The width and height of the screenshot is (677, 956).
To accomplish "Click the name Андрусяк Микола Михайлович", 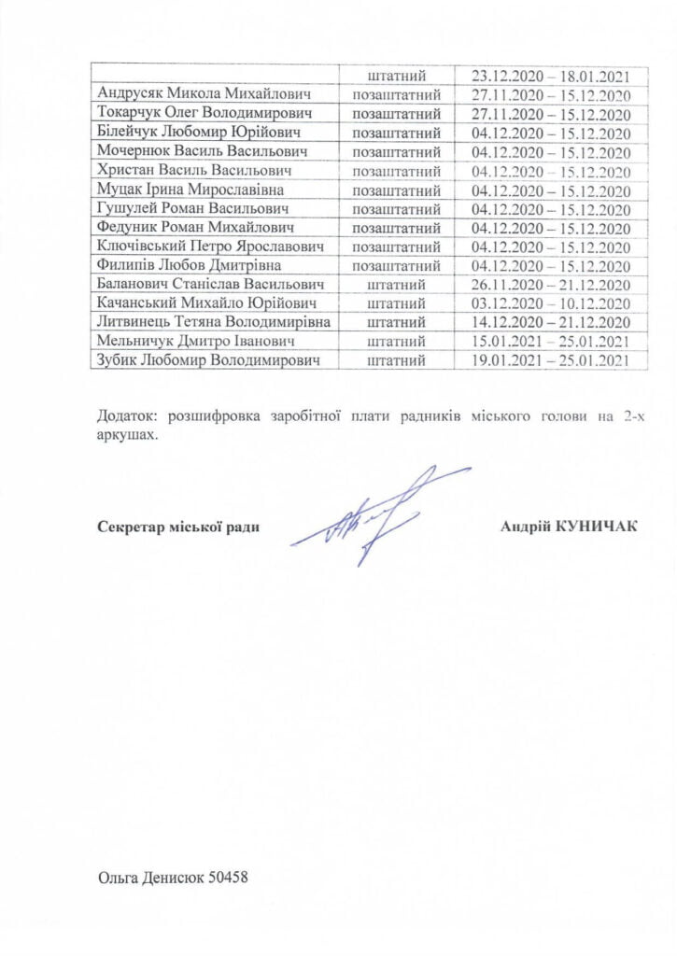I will coord(205,94).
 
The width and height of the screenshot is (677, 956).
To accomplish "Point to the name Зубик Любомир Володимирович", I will coord(210,359).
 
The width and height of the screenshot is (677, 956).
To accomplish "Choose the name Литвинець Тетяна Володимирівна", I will coord(214,321).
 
